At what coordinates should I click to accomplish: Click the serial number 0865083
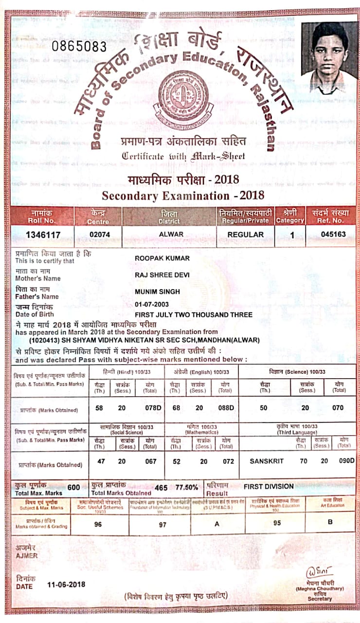[79, 47]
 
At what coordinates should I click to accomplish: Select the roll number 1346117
[43, 235]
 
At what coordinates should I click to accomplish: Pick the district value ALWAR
[171, 234]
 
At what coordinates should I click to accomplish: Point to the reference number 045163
[333, 234]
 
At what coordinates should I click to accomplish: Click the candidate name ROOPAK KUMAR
[162, 258]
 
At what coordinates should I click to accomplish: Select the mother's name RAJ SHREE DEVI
[162, 275]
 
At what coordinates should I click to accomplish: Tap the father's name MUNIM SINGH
[157, 292]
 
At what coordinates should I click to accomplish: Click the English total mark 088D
[225, 408]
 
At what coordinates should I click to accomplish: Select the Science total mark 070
[338, 408]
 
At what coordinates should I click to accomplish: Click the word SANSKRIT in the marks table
[266, 460]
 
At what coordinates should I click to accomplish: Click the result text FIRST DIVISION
[269, 486]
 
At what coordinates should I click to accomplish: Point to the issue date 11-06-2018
[66, 584]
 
